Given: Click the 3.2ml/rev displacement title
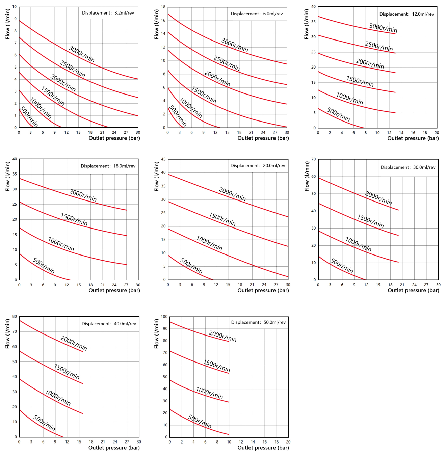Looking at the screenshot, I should pyautogui.click(x=108, y=13).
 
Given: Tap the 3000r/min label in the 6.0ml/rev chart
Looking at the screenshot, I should pyautogui.click(x=235, y=45).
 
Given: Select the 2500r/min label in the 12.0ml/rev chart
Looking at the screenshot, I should pyautogui.click(x=379, y=46).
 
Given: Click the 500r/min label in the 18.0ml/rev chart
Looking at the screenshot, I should pyautogui.click(x=44, y=266).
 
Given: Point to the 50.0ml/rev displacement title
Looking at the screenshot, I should pyautogui.click(x=258, y=322).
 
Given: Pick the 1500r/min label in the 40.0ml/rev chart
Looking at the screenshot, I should pyautogui.click(x=67, y=372).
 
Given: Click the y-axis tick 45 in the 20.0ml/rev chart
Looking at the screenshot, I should pyautogui.click(x=163, y=159).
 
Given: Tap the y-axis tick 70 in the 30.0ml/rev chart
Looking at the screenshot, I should pyautogui.click(x=314, y=159).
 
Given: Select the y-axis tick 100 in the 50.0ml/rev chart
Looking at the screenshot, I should pyautogui.click(x=164, y=317).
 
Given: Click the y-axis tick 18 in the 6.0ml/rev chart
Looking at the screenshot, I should pyautogui.click(x=163, y=7).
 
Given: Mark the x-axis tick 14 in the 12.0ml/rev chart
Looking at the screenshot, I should pyautogui.click(x=401, y=133).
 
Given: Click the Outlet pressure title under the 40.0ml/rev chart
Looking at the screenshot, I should pyautogui.click(x=114, y=448).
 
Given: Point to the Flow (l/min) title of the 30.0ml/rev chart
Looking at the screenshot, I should pyautogui.click(x=307, y=176).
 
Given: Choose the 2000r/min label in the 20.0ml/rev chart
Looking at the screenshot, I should pyautogui.click(x=232, y=194).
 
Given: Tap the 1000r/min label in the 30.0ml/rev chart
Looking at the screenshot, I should pyautogui.click(x=358, y=244).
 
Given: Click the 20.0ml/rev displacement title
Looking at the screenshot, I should pyautogui.click(x=258, y=166).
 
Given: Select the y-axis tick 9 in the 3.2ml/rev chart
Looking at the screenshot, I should pyautogui.click(x=15, y=19).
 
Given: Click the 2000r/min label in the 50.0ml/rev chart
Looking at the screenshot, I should pyautogui.click(x=222, y=336).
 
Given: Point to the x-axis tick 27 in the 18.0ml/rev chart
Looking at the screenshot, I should pyautogui.click(x=126, y=285).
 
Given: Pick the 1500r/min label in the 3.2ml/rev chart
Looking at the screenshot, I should pyautogui.click(x=53, y=96).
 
